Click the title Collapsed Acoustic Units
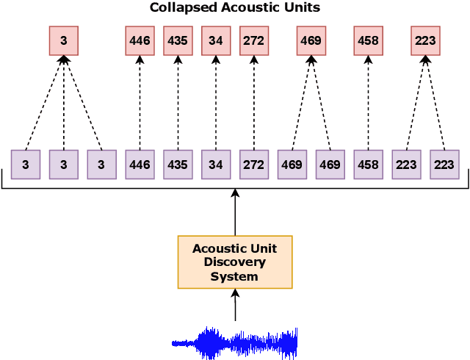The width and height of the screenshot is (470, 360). (x=235, y=8)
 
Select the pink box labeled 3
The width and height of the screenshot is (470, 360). (x=64, y=41)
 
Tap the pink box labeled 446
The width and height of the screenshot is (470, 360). (x=140, y=41)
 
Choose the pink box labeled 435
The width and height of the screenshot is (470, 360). (x=178, y=41)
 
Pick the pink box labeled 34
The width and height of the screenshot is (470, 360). (x=216, y=41)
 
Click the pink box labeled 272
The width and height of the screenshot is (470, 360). (x=254, y=41)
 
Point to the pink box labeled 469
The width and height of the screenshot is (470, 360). (x=311, y=41)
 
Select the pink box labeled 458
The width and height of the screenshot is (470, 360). (x=368, y=41)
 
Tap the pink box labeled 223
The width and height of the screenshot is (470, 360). (x=425, y=41)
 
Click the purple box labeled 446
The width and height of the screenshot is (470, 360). (x=140, y=165)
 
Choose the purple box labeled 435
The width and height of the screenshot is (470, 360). (x=178, y=165)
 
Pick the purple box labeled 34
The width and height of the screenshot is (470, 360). (x=216, y=165)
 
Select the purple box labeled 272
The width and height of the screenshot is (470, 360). (x=254, y=165)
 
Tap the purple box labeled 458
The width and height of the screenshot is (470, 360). (x=368, y=165)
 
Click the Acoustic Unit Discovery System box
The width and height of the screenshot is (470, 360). (x=235, y=262)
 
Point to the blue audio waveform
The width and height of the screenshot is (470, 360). (x=235, y=342)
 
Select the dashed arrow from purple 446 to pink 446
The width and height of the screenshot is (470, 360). (x=140, y=103)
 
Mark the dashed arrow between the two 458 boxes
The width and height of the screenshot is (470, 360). (x=368, y=103)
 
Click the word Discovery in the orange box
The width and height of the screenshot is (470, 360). (x=235, y=262)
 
